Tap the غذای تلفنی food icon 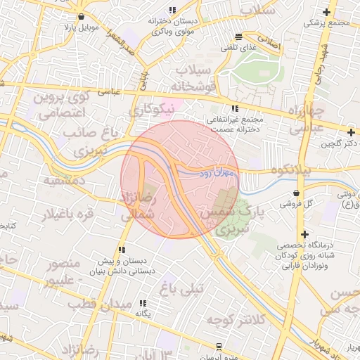tap(239, 37)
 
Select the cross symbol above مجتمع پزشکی tap(326, 12)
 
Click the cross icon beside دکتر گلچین tap(351, 131)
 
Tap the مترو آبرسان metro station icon tap(219, 346)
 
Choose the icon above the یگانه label tap(144, 303)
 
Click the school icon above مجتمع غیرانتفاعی tap(235, 108)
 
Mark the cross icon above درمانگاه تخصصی tap(304, 234)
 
